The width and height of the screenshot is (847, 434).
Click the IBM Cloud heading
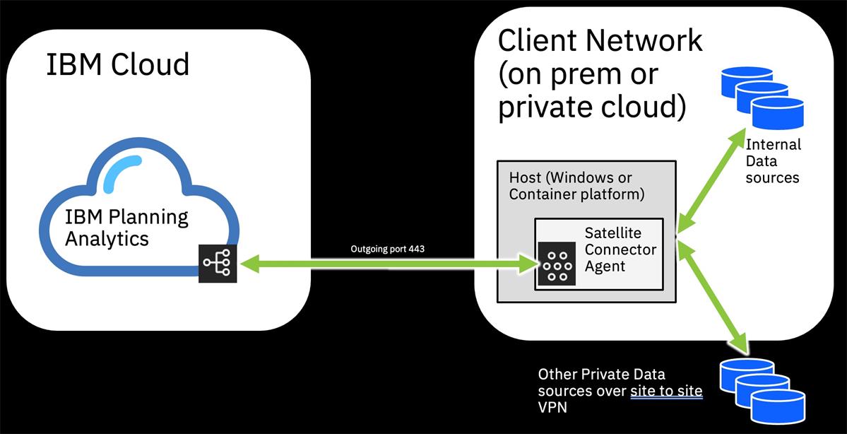(118, 64)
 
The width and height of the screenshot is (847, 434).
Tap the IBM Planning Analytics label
(126, 227)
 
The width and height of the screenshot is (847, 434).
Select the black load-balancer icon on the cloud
(217, 264)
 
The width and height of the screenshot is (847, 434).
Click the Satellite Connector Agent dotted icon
(557, 264)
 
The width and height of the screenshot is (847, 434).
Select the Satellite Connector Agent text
(620, 250)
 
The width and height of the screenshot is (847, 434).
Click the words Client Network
(600, 40)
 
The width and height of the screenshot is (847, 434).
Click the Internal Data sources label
(773, 160)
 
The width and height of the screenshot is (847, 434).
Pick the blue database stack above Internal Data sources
(762, 95)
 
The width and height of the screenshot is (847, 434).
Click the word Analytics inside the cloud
(107, 238)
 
